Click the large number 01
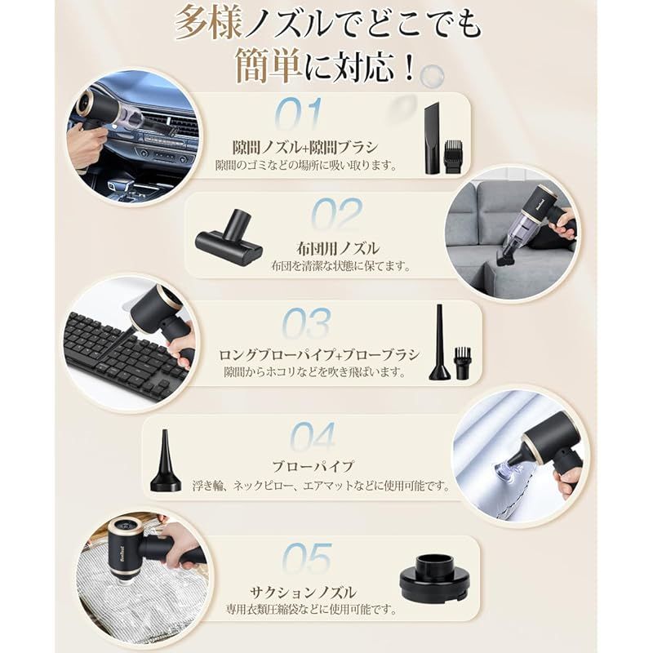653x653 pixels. (x=300, y=113)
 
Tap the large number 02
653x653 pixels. (x=337, y=215)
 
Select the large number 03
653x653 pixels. (x=307, y=323)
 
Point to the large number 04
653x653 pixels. (x=313, y=437)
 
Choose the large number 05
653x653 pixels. (x=308, y=558)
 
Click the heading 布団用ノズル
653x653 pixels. (x=338, y=249)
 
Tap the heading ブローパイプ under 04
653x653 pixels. (x=313, y=466)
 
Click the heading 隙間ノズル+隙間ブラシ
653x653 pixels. (x=305, y=148)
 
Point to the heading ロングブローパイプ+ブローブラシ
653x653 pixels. (x=319, y=355)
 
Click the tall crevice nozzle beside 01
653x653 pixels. (x=432, y=139)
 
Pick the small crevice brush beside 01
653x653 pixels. (x=455, y=157)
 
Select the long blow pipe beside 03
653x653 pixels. (x=439, y=342)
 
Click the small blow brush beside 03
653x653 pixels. (x=462, y=362)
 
